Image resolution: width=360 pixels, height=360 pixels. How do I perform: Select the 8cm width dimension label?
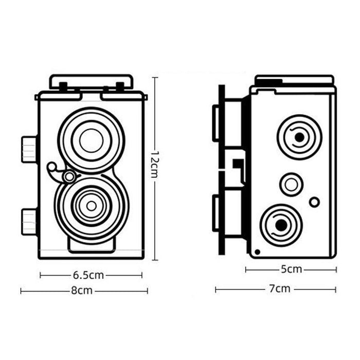[x=82, y=291]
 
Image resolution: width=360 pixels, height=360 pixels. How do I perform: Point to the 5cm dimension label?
[x=291, y=269]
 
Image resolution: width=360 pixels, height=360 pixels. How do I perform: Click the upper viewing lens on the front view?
[x=91, y=140]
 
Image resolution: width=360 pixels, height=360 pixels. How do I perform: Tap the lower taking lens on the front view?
[x=91, y=206]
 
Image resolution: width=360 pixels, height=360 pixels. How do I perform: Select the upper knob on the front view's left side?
[x=29, y=149]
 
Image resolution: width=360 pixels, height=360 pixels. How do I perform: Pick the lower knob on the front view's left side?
[x=29, y=222]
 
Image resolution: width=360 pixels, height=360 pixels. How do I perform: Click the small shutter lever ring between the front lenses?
[x=68, y=177]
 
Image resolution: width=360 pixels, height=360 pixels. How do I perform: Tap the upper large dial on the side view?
[x=299, y=137]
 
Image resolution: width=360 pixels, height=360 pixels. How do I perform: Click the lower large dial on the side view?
[x=281, y=225]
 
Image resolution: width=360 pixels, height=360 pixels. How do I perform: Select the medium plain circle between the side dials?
[x=291, y=184]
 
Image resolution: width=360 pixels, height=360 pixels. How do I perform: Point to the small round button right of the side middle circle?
[x=314, y=202]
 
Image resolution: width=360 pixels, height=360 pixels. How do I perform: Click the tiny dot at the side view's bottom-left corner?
[x=257, y=251]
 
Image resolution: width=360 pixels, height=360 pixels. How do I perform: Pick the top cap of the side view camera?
[x=294, y=80]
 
